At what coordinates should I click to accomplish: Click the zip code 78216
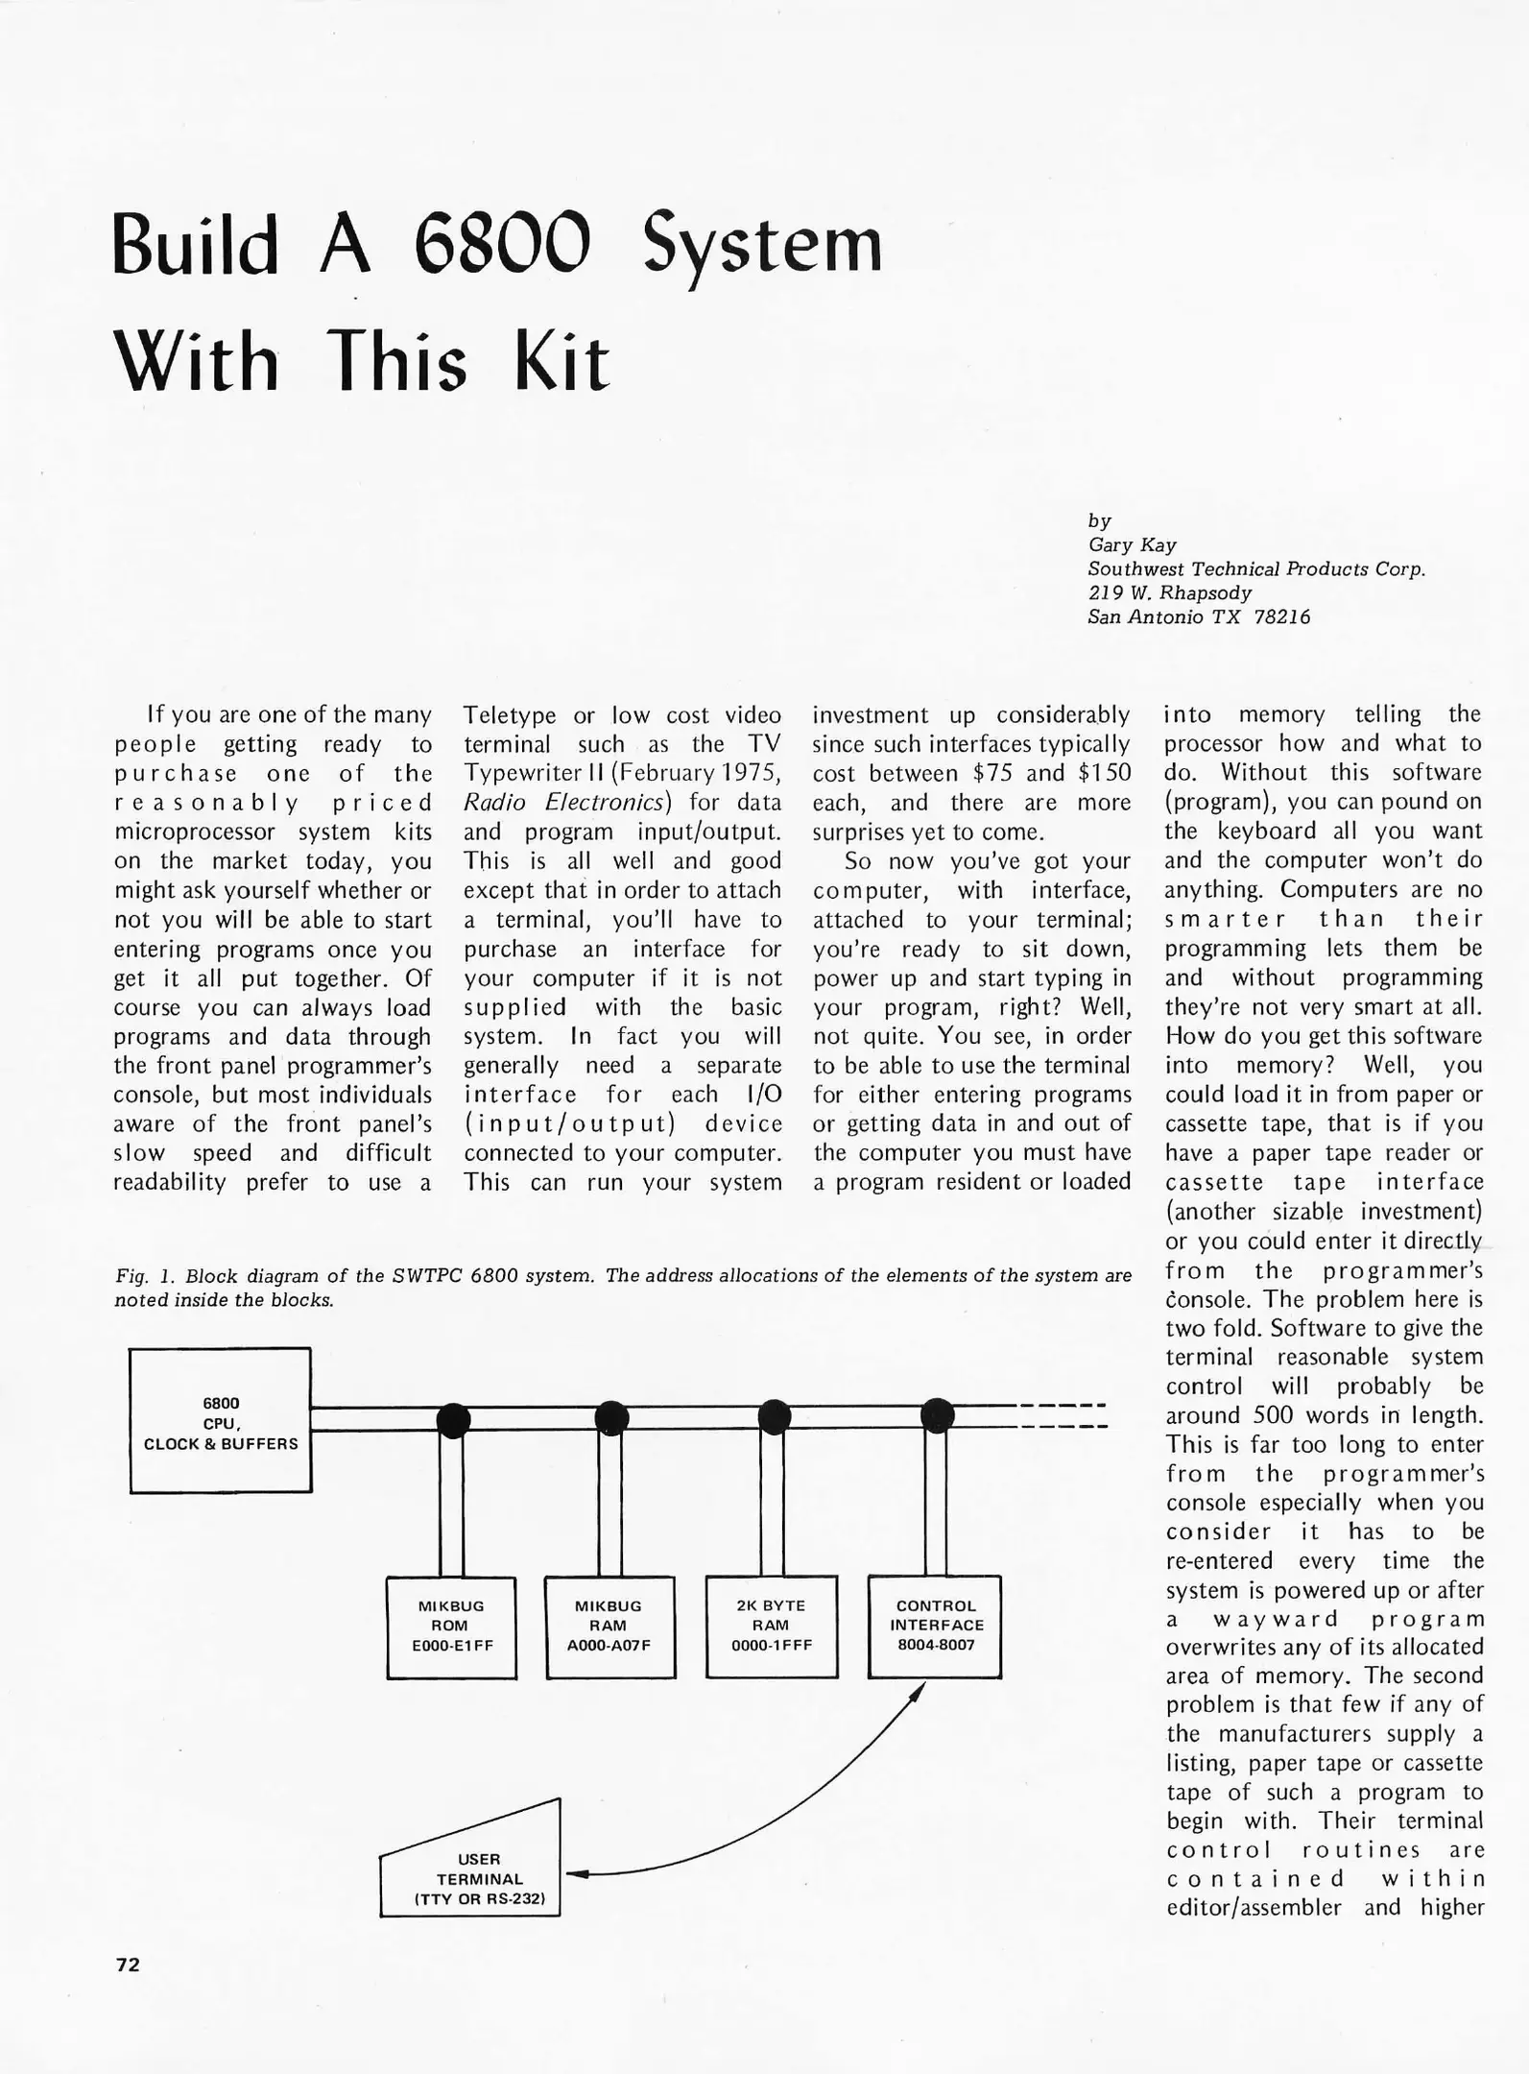tap(1281, 616)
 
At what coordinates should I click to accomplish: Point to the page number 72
tap(128, 1965)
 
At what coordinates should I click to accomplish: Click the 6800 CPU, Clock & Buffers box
tap(220, 1421)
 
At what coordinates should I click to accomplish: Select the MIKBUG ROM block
tap(451, 1627)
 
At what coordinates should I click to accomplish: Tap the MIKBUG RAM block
tap(609, 1627)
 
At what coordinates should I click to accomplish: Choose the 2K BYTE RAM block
tap(771, 1627)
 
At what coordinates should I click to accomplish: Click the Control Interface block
tap(935, 1627)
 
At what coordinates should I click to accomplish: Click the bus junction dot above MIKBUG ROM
tap(453, 1418)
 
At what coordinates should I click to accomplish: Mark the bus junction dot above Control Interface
tap(937, 1414)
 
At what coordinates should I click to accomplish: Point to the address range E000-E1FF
tap(451, 1645)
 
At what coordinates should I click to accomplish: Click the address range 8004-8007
tap(935, 1645)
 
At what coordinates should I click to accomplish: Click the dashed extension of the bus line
tap(1062, 1415)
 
